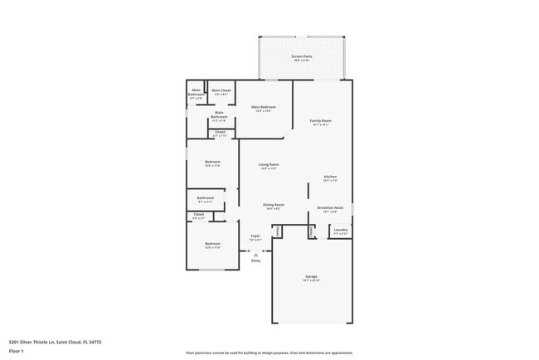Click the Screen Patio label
[301, 58]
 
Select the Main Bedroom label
[264, 108]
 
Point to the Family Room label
[321, 122]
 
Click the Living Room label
[269, 166]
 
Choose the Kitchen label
[330, 178]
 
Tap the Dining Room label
[274, 206]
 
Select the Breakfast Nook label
[330, 209]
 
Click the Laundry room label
[341, 231]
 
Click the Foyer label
[255, 237]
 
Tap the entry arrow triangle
[255, 252]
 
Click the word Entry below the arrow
[255, 260]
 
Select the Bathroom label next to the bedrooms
[206, 199]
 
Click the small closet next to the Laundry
[312, 231]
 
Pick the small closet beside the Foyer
[278, 231]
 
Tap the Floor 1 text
[17, 351]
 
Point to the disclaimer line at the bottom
[269, 353]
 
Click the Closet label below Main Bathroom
[220, 133]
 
